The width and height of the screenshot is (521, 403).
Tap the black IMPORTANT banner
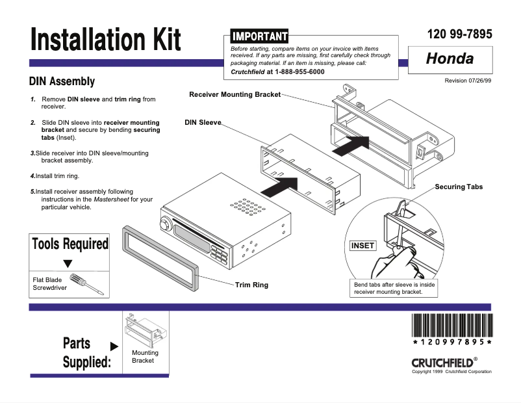tap(259, 36)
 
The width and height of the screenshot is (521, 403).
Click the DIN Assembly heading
tap(62, 82)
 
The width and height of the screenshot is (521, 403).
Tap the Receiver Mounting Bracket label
tap(235, 95)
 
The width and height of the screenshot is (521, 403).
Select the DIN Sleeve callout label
tap(203, 122)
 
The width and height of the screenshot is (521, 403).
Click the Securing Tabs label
tap(459, 187)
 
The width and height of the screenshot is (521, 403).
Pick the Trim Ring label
tap(251, 285)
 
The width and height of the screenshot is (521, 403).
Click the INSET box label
tap(362, 246)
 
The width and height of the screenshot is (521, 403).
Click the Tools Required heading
tap(70, 244)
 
